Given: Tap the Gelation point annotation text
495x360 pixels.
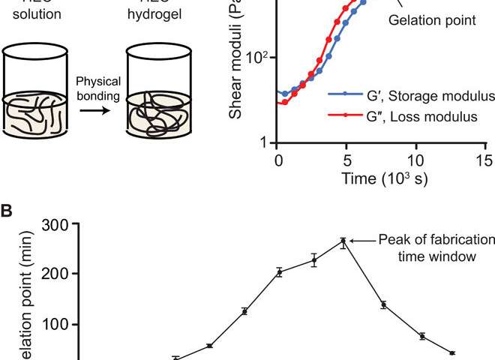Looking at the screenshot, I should point(431,20).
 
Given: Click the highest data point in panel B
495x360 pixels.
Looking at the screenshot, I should point(343,241).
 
